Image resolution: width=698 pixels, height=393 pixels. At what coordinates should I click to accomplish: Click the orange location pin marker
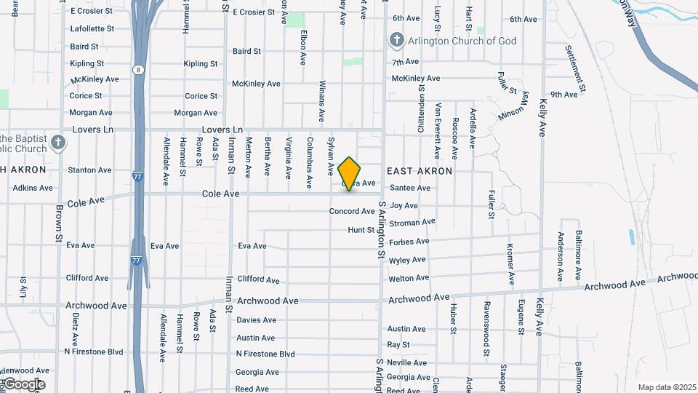350,173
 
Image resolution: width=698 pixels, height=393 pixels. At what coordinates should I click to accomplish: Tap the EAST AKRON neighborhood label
419,171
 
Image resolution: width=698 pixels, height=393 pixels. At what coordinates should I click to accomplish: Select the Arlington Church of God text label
462,41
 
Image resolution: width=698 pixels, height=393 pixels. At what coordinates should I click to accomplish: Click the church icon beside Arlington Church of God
396,39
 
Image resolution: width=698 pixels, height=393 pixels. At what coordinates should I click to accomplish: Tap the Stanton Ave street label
89,170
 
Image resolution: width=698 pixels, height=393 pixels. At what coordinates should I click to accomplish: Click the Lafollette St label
92,29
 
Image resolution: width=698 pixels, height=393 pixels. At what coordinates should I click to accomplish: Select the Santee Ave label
410,188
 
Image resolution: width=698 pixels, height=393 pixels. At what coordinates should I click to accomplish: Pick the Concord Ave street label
352,211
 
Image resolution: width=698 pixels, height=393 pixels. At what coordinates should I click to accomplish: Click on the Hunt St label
361,230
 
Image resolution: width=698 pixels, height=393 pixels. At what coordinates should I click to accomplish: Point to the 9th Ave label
563,95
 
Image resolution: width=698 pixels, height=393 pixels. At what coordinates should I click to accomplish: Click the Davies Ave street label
257,320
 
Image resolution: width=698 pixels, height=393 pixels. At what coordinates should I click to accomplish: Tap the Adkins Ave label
33,188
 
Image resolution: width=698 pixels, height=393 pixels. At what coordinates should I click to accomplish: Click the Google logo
23,384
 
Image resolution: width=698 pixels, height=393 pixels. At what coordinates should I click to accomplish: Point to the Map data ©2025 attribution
666,387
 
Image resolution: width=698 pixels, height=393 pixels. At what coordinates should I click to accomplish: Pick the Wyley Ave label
407,260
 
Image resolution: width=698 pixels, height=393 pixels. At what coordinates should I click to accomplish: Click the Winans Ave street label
322,103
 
